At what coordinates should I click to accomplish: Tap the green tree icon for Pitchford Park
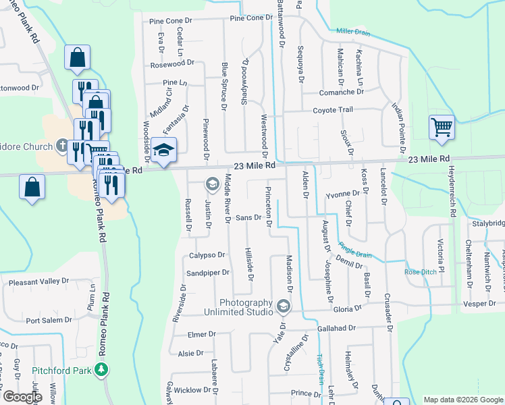[101, 369]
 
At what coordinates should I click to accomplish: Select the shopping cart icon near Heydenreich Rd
[441, 126]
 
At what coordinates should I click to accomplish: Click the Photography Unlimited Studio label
[245, 308]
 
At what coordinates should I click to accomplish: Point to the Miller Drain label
[353, 31]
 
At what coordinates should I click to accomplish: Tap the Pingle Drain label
[355, 254]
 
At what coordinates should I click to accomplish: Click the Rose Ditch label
[416, 272]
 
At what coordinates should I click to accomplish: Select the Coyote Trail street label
[332, 109]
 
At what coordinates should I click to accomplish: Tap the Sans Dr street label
[248, 217]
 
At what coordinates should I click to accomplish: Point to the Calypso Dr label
[205, 255]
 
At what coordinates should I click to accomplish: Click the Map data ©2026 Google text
[462, 400]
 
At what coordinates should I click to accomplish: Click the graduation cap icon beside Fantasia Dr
[163, 151]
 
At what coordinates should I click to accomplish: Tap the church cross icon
[61, 146]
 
